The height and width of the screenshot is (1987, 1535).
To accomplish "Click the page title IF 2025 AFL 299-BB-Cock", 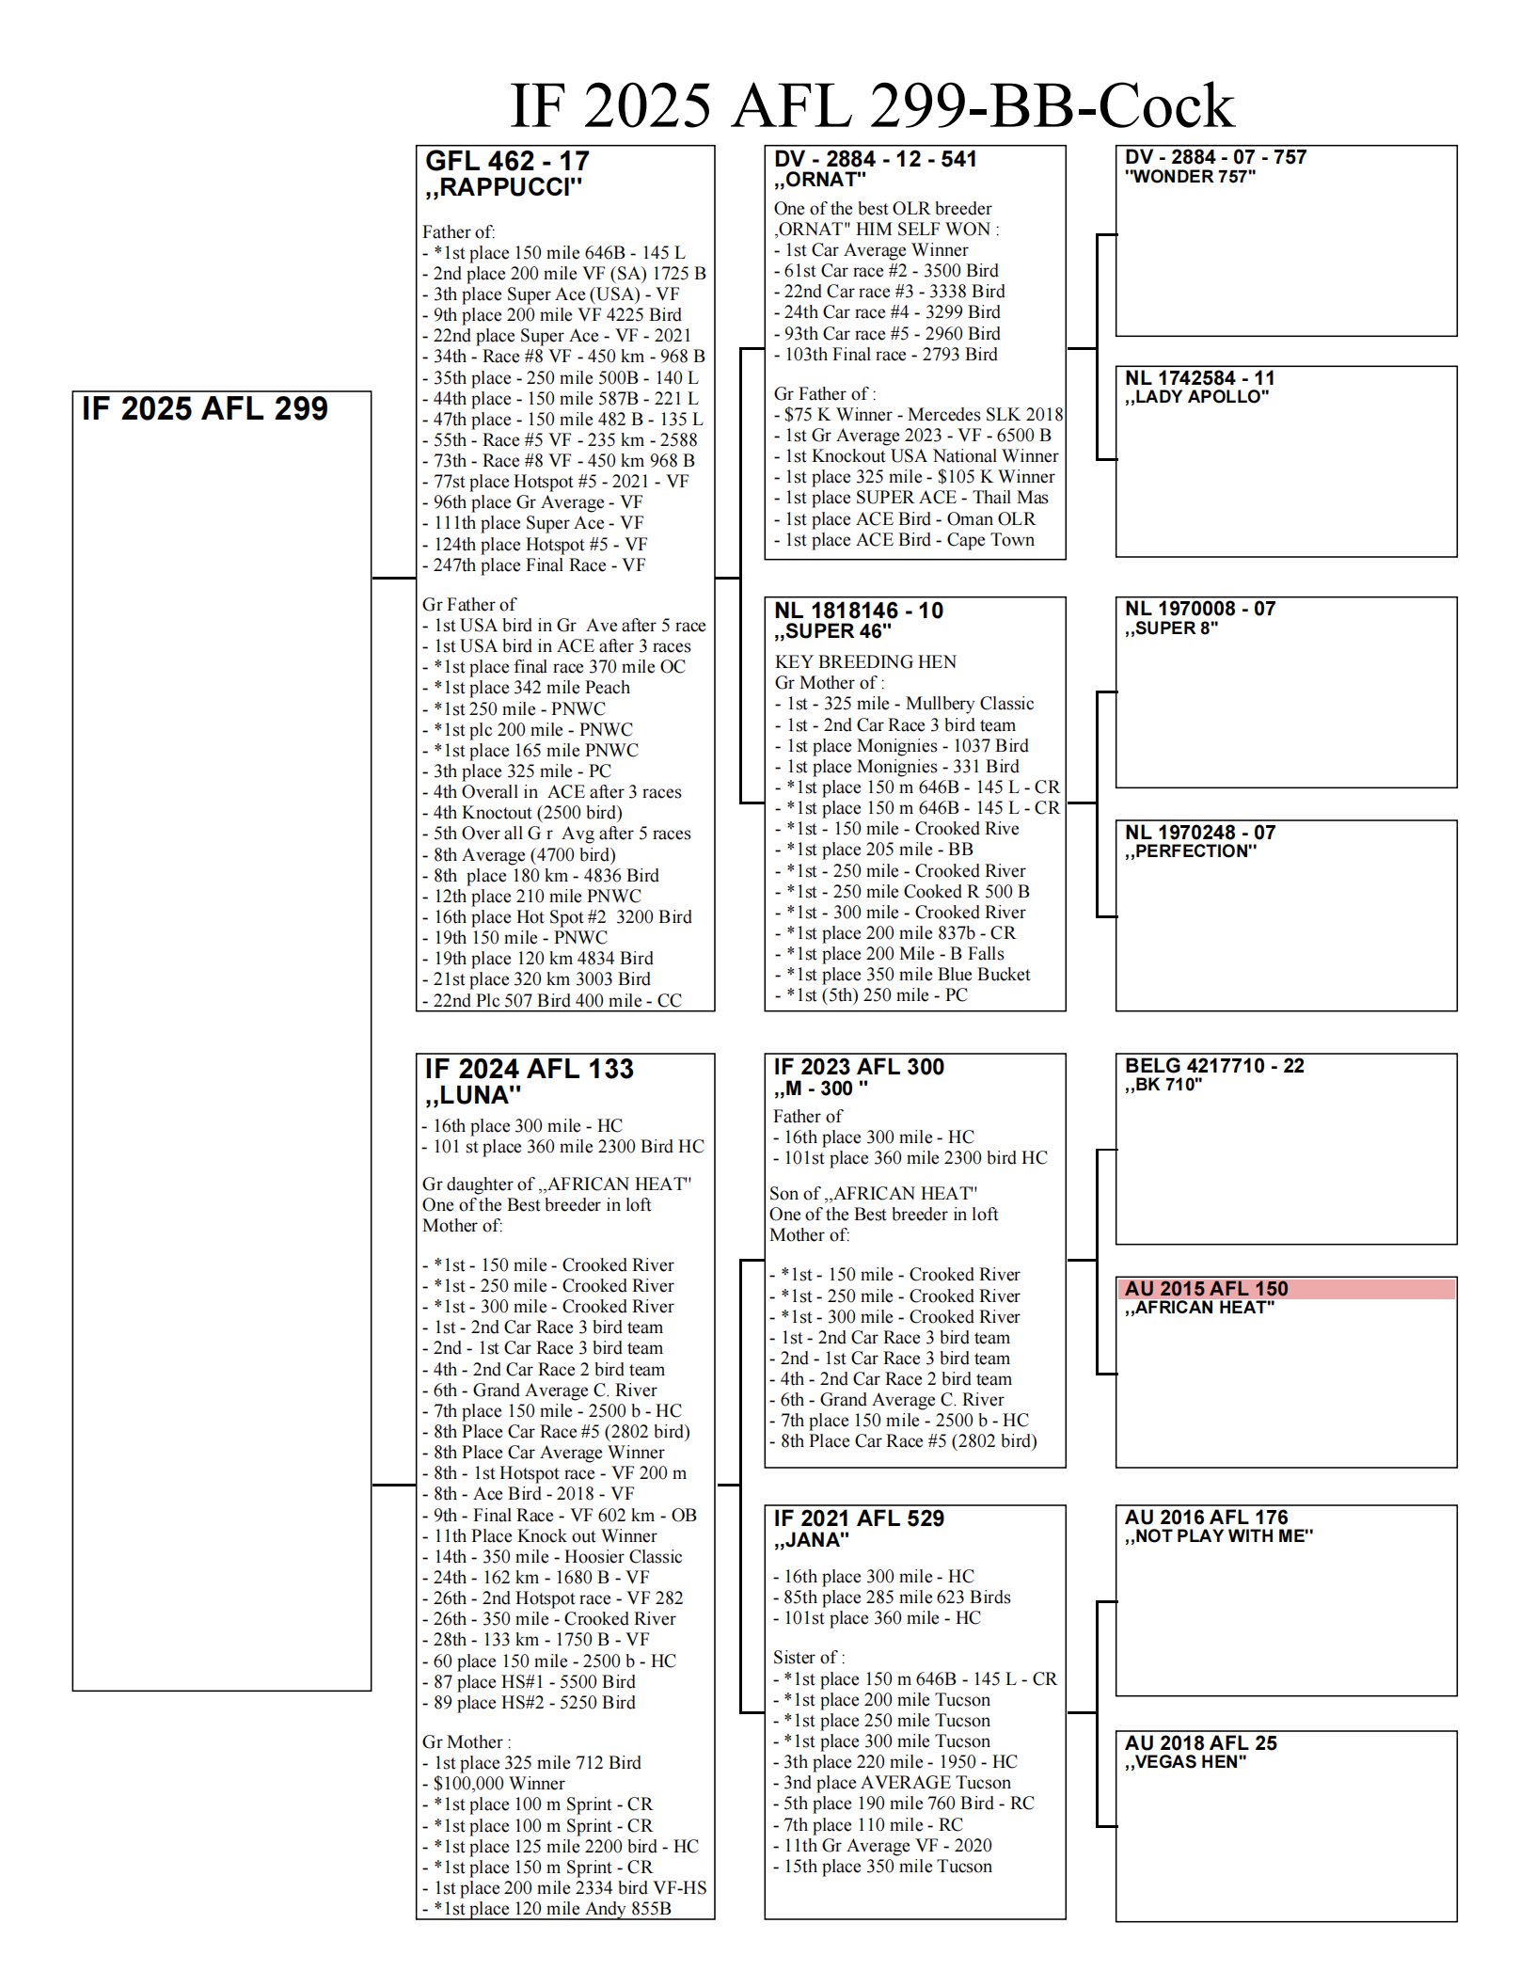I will point(871,105).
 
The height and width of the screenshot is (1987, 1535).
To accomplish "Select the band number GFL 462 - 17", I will point(507,161).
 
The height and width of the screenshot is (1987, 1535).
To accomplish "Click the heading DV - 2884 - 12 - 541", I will point(875,159).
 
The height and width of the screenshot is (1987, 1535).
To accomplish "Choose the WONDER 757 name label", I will point(1190,177).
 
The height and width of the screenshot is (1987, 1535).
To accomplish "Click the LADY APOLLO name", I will point(1197,397).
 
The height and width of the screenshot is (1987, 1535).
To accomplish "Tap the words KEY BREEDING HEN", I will point(864,661).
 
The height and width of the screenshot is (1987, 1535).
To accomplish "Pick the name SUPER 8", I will point(1172,628).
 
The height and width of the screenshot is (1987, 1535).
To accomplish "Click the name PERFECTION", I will point(1191,851).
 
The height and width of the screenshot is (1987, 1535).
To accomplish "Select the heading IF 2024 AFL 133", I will point(529,1069).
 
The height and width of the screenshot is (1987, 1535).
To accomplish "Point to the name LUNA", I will point(473,1095).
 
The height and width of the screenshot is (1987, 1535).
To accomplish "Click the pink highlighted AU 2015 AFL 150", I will point(1206,1289).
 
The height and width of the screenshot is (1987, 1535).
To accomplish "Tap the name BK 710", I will point(1164,1085).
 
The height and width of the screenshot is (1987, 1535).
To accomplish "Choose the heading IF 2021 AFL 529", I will point(858,1518).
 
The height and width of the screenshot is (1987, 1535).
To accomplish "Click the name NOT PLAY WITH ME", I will point(1219,1536).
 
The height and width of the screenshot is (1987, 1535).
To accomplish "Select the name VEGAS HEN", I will point(1186,1762).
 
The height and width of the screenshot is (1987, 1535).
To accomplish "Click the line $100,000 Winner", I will point(498,1784).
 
